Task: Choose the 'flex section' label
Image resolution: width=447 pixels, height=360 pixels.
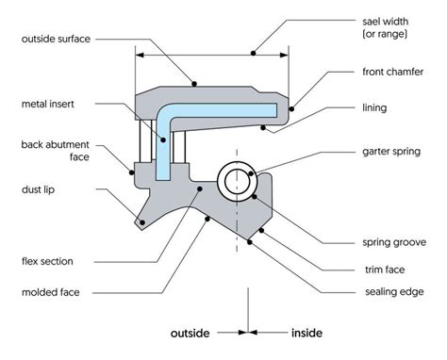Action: pyautogui.click(x=47, y=260)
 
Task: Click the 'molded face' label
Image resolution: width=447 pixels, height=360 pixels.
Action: pyautogui.click(x=48, y=292)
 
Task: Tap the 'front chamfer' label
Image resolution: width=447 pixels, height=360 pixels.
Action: pyautogui.click(x=389, y=72)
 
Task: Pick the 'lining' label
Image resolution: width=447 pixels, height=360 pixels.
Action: pyautogui.click(x=376, y=110)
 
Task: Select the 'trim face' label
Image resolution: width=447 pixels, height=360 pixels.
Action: pyautogui.click(x=380, y=270)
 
